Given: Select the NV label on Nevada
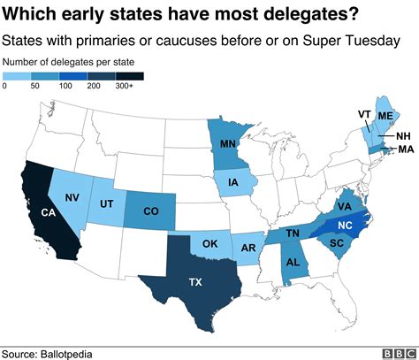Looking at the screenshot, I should click(x=75, y=198).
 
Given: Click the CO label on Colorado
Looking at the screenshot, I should click(x=150, y=211).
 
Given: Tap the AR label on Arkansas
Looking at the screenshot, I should click(x=250, y=248).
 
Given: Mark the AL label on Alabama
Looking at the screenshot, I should click(x=293, y=263).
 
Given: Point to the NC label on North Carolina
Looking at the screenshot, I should click(x=346, y=225).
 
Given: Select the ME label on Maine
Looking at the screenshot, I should click(x=386, y=117).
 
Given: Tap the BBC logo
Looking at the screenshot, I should click(x=396, y=353).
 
